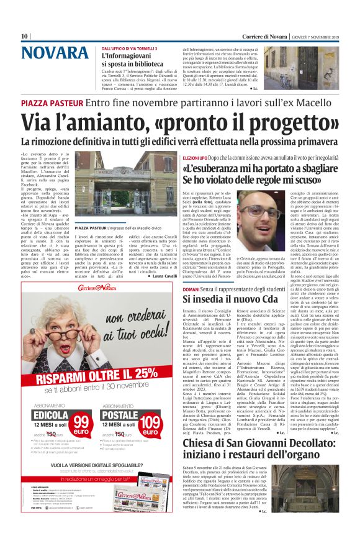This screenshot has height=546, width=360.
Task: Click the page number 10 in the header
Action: coord(25,36)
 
